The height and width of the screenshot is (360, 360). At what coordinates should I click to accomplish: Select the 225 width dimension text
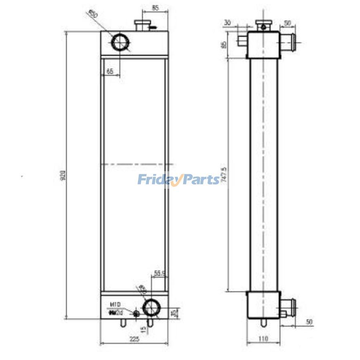tap(134, 339)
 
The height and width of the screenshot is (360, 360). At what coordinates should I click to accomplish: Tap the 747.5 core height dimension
tap(224, 175)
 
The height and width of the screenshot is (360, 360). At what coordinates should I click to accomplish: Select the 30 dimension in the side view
tap(227, 23)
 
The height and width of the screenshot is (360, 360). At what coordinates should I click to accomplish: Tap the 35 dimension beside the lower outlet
tap(173, 312)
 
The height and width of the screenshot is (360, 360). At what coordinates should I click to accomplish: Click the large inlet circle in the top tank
tap(120, 42)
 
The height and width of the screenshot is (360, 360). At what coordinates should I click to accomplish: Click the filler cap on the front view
tap(142, 25)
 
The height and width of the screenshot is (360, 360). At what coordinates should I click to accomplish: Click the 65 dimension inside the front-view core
tap(110, 71)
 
